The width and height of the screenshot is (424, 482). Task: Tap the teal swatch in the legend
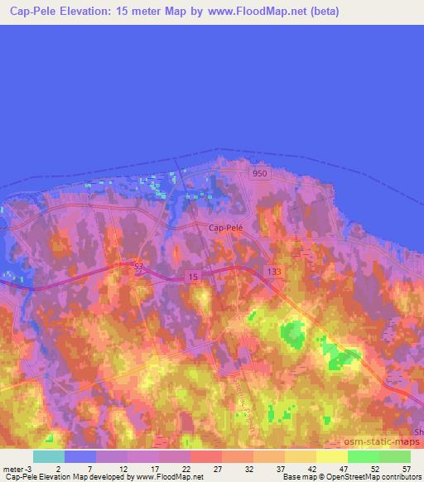48,456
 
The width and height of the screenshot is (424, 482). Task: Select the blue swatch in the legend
79,456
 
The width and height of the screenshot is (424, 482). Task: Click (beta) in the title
324,12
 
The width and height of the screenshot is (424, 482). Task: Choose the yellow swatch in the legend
332,456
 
